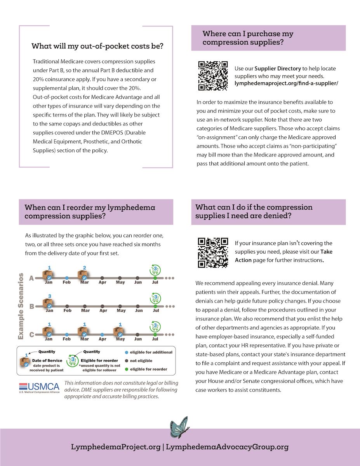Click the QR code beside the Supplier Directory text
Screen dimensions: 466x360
212,76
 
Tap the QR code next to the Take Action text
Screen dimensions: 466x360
212,253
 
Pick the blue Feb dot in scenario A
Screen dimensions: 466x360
67,278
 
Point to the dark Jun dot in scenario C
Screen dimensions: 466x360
138,334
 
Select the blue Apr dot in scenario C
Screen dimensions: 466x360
102,334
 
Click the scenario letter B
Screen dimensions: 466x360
31,306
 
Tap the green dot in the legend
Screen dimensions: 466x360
127,369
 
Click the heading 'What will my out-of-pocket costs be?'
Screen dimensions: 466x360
97,46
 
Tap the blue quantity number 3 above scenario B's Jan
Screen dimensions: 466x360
49,296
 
